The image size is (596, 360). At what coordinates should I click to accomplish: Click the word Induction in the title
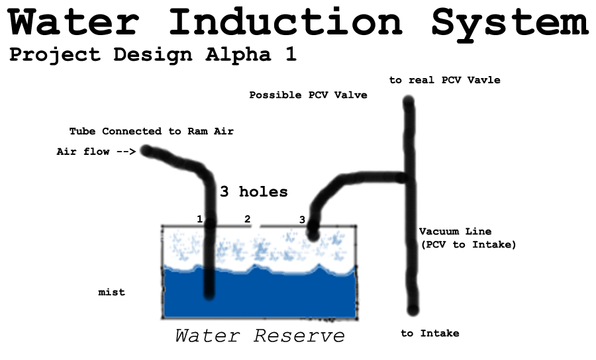(285, 21)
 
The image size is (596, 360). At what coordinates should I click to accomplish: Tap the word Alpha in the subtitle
(238, 55)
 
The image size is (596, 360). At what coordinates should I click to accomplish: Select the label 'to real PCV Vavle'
(445, 80)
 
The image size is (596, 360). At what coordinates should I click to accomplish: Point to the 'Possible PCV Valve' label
(308, 95)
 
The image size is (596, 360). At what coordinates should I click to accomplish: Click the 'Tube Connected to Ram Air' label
(151, 132)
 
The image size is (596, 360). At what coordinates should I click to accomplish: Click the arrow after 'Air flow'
(126, 152)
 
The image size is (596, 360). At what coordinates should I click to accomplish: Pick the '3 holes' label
(254, 191)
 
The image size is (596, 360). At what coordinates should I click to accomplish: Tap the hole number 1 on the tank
(199, 219)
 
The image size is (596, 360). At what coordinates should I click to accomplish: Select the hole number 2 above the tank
(248, 219)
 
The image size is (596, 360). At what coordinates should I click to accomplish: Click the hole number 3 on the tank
(302, 220)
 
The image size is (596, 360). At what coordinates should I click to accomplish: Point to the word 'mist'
(111, 292)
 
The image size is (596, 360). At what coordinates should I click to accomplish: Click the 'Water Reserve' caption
(260, 336)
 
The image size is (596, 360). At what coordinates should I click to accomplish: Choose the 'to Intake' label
(430, 334)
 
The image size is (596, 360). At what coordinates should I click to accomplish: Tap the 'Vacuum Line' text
(456, 231)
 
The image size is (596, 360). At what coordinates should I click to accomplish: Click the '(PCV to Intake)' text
(469, 245)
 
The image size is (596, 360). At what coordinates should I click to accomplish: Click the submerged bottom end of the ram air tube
(209, 294)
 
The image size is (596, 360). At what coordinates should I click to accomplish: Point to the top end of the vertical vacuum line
(408, 102)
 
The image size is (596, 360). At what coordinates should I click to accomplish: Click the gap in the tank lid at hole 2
(256, 226)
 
